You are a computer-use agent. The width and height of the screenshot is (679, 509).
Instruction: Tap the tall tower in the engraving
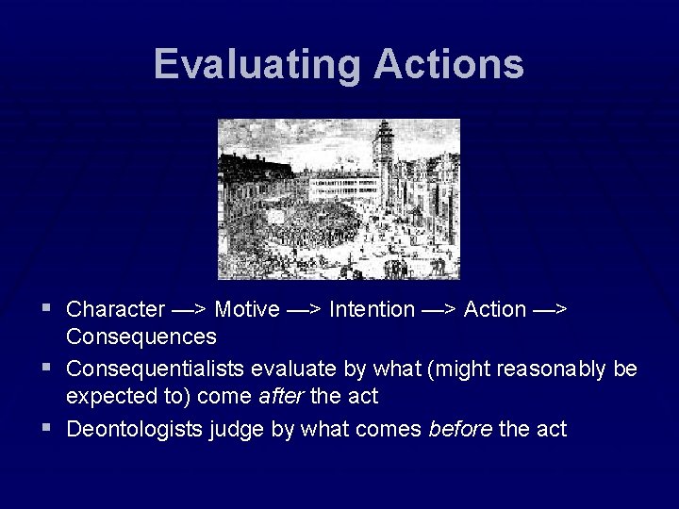[383, 156]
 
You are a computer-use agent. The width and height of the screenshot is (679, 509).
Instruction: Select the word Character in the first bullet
[115, 309]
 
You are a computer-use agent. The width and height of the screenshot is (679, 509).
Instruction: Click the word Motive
[246, 309]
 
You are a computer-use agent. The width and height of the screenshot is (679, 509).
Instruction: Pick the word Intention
[372, 309]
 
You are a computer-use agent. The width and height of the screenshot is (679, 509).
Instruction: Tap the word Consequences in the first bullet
[141, 337]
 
